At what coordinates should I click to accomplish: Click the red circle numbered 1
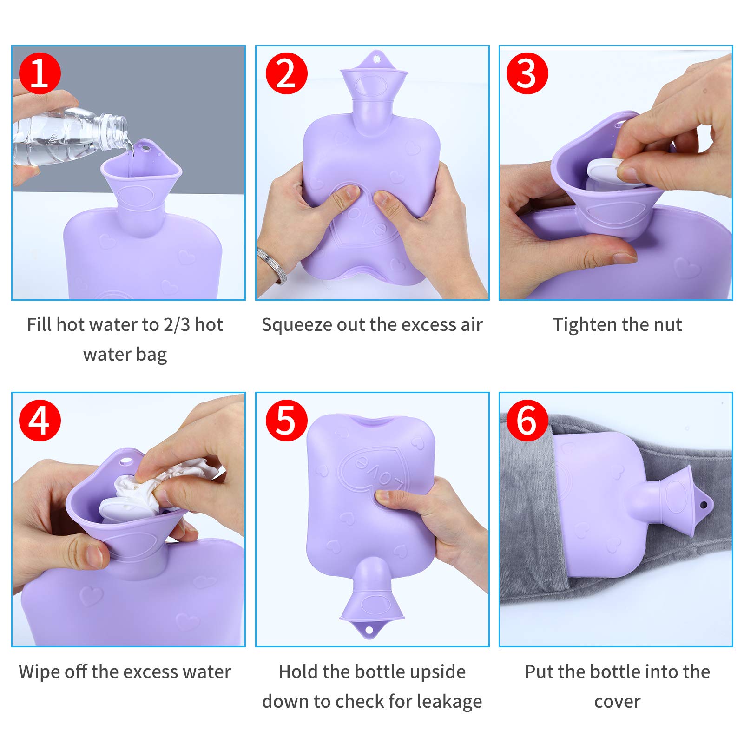point(40,73)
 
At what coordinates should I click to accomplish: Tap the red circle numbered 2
point(287,73)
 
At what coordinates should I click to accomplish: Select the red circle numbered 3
point(527,73)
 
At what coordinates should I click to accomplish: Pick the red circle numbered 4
point(40,420)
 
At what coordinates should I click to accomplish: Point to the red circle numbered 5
point(287,420)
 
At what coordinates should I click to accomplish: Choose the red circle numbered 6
point(527,420)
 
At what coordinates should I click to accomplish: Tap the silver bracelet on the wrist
point(272,265)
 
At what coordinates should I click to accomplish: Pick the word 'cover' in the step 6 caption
point(617,702)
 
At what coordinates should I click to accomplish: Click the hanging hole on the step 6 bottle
point(704,505)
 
